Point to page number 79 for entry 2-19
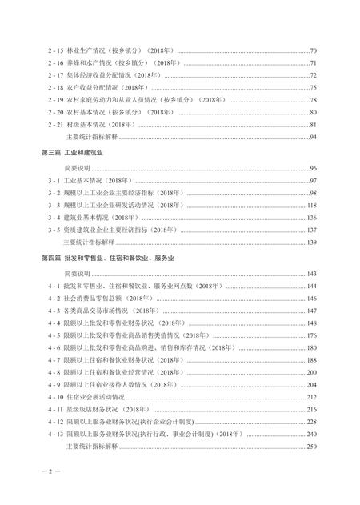314,100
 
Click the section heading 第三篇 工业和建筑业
66,153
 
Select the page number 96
314,169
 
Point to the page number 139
312,242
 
